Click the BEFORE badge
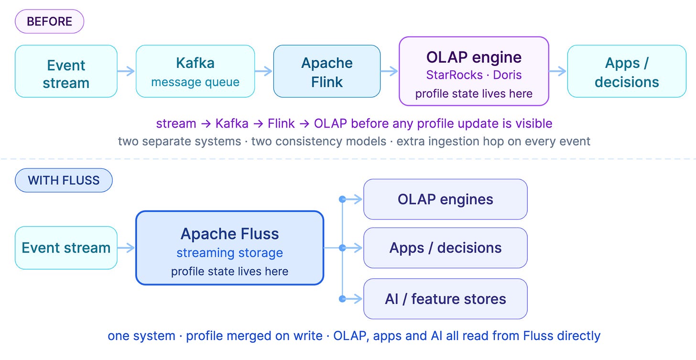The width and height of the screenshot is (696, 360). click(x=49, y=22)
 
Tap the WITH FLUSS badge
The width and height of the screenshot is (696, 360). click(x=64, y=180)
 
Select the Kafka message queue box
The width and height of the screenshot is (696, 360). click(x=195, y=71)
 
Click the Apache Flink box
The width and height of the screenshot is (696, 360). click(x=327, y=71)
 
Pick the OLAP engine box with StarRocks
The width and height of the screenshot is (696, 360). click(x=474, y=71)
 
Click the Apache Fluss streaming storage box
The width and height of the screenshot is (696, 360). click(x=229, y=248)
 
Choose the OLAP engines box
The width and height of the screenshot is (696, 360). click(x=445, y=199)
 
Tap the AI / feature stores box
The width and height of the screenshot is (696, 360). click(x=445, y=299)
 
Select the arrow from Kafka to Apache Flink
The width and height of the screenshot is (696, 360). click(x=263, y=71)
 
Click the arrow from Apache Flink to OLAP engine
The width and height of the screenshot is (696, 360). click(x=389, y=71)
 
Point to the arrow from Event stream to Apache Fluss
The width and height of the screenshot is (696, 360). click(x=126, y=248)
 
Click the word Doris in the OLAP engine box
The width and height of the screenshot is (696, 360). click(x=507, y=75)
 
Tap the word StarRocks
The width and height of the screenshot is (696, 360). click(x=454, y=75)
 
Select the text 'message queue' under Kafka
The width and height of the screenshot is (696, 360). click(x=195, y=82)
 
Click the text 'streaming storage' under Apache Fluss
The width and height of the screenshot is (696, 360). click(x=229, y=253)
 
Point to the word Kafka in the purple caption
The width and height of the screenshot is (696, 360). click(x=232, y=123)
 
